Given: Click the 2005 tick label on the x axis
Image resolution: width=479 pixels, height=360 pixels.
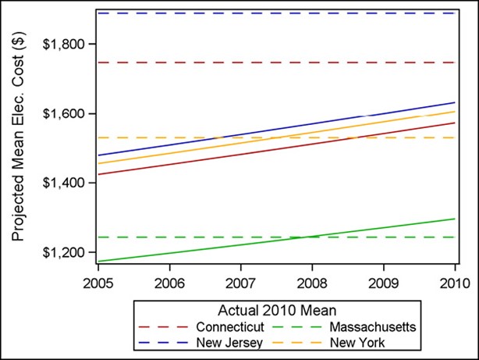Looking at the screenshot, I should (x=98, y=280).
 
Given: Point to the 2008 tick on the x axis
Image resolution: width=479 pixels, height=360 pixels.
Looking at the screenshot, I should (x=312, y=280).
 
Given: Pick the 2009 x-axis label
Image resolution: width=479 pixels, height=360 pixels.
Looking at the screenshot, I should (x=384, y=280).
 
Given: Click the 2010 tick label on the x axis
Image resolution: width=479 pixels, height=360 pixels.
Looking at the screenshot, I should (x=455, y=280).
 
